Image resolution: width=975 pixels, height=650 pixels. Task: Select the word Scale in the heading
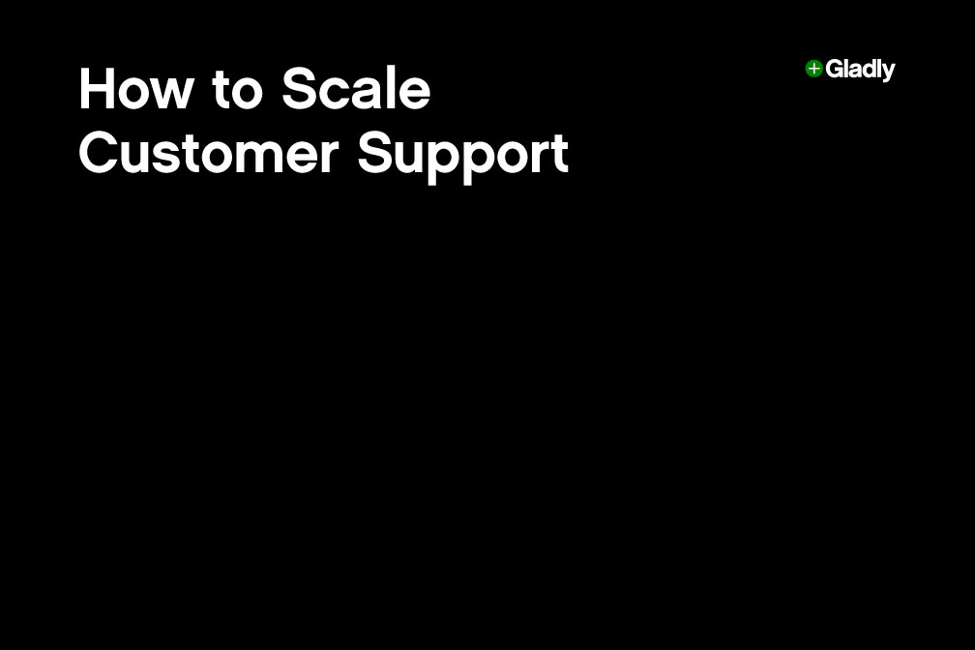coord(356,90)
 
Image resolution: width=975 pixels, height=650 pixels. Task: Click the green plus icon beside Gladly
coord(813,69)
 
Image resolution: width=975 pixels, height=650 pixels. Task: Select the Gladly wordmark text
coord(860,70)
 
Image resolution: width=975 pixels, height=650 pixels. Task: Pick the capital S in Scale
coord(300,90)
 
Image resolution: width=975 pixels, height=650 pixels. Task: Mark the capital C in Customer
coord(99,154)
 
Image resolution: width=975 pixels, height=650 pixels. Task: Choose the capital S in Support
coord(376,154)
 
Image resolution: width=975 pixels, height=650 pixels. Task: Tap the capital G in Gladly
coord(834,70)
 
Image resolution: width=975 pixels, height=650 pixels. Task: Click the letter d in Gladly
coord(867,70)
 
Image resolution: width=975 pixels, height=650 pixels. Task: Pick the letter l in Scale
coord(396,90)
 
